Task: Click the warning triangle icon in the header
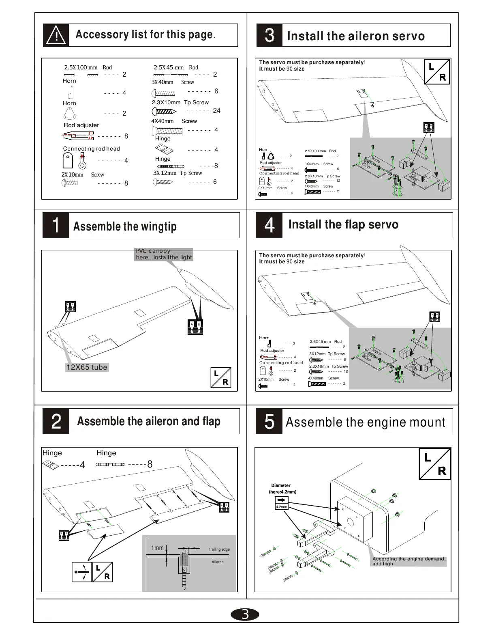click(x=56, y=36)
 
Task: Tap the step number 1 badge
click(x=56, y=225)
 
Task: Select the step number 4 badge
click(x=269, y=225)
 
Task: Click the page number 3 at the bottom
click(x=245, y=614)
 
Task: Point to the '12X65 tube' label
click(x=87, y=367)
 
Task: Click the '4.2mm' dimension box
click(x=281, y=507)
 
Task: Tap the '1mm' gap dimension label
click(x=157, y=548)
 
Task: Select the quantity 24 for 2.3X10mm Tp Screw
click(x=216, y=110)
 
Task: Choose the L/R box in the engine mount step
click(x=434, y=464)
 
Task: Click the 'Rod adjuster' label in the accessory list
click(x=81, y=125)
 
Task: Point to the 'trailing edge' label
click(x=219, y=549)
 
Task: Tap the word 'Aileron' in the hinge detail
click(x=218, y=562)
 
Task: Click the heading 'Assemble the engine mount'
click(x=365, y=422)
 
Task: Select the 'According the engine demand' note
click(x=408, y=561)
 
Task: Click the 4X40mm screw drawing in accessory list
click(x=167, y=131)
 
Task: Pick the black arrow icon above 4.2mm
click(x=281, y=500)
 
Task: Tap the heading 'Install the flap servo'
click(x=343, y=224)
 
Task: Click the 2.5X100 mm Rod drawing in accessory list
click(x=81, y=75)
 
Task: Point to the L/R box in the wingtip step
click(x=221, y=378)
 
